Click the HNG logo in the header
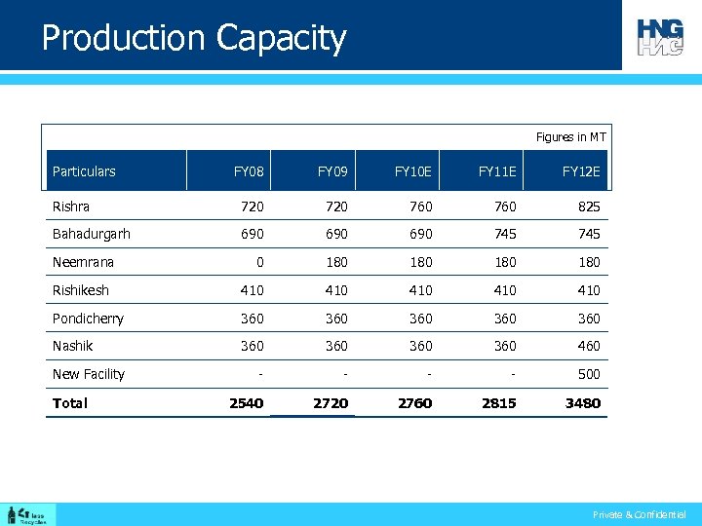coord(660,37)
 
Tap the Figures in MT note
coord(570,137)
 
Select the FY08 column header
coord(249,171)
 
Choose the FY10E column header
coord(413,171)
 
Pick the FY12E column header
coord(581,171)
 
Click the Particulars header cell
coord(84,171)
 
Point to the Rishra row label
coord(71,207)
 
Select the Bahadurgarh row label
coord(92,234)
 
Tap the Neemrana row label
coord(83,262)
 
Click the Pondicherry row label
coord(88,319)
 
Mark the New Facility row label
coord(89,374)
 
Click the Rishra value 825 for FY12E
coord(588,207)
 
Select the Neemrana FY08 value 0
coord(258,262)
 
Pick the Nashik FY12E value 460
coord(588,346)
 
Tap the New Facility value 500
coord(588,374)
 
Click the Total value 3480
coord(583,403)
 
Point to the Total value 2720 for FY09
coord(331,403)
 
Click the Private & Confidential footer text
coord(639,514)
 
